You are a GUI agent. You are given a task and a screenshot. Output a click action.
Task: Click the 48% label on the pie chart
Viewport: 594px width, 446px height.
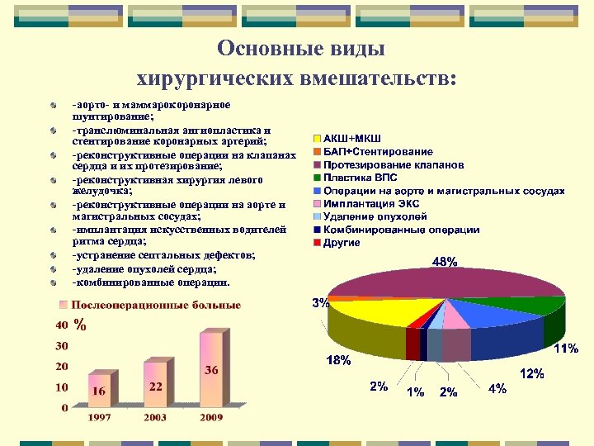(x=445, y=263)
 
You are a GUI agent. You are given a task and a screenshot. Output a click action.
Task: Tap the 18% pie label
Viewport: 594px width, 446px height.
(x=338, y=361)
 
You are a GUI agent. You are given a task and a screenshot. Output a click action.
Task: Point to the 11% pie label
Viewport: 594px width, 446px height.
(x=565, y=349)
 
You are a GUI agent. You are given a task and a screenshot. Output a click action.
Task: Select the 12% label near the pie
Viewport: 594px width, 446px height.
(x=530, y=374)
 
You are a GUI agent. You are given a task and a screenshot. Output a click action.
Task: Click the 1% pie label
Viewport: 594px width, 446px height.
(x=415, y=392)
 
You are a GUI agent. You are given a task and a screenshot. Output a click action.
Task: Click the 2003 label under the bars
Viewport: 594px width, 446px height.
(x=155, y=418)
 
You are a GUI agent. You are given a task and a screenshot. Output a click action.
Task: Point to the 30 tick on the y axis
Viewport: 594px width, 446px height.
(x=62, y=345)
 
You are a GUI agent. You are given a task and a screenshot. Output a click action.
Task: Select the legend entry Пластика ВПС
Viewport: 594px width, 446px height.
(x=360, y=178)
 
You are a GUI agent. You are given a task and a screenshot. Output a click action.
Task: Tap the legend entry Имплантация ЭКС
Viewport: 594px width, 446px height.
(x=370, y=203)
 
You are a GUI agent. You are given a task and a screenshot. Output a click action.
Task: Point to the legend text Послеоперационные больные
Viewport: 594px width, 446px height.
(x=157, y=305)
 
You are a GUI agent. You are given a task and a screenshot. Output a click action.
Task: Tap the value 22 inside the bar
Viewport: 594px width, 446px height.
(x=155, y=387)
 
